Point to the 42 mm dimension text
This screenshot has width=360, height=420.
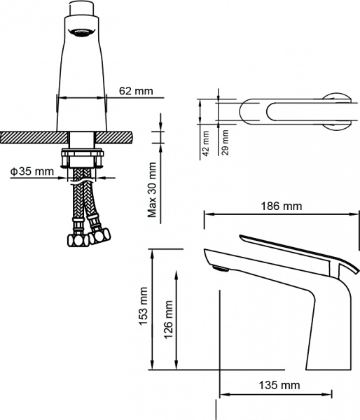point(207,143)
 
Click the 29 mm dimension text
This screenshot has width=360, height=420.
point(225,143)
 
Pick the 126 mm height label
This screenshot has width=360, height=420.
point(168,318)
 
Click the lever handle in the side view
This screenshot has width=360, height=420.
point(294,248)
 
